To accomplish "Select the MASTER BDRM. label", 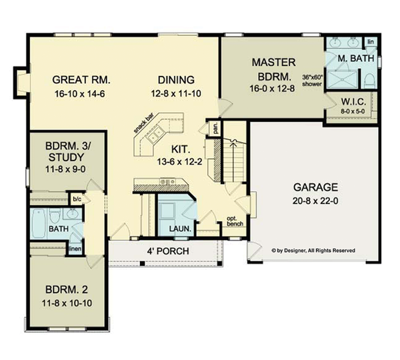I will (x=273, y=67).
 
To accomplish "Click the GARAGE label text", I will (x=315, y=187).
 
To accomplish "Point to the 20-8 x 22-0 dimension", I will (x=315, y=201).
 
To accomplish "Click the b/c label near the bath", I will (x=77, y=199).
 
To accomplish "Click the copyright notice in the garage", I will (x=313, y=251).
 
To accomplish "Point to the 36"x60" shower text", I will (x=312, y=81).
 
